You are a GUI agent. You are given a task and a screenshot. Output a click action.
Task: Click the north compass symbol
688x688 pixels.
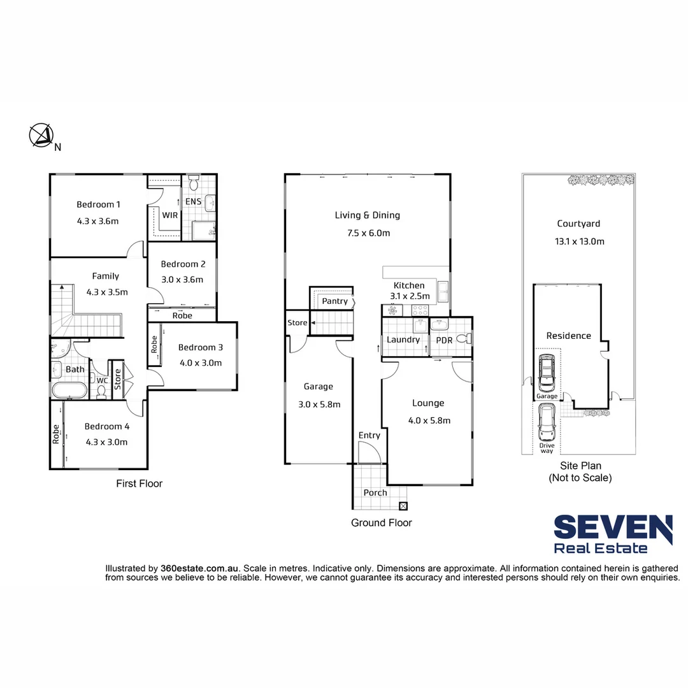[41, 135]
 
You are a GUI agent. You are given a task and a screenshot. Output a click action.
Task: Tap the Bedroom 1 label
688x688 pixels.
[98, 204]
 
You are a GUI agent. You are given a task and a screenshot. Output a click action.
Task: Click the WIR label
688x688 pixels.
[170, 215]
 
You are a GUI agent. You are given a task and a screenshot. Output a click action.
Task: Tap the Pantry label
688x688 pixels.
[334, 301]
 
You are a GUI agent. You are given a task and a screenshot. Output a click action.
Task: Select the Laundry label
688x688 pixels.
[403, 340]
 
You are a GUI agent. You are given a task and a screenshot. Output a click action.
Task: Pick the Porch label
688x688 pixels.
[375, 493]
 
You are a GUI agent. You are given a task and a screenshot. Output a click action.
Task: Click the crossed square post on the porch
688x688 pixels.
[403, 506]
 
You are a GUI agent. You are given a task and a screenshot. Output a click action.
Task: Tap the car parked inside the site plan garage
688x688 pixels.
[547, 373]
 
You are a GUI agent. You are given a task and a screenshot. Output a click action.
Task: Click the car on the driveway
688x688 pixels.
[547, 424]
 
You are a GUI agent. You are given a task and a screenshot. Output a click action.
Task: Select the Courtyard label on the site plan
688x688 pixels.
[578, 224]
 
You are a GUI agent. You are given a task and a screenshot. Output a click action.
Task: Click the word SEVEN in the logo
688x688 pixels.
[612, 529]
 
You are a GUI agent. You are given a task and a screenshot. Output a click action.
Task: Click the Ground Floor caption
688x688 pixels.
[382, 523]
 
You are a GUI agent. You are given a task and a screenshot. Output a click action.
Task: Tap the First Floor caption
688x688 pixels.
[139, 484]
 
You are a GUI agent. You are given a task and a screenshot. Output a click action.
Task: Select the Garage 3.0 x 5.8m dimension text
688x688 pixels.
[318, 404]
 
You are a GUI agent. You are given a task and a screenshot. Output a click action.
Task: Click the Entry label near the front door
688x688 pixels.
[369, 436]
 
